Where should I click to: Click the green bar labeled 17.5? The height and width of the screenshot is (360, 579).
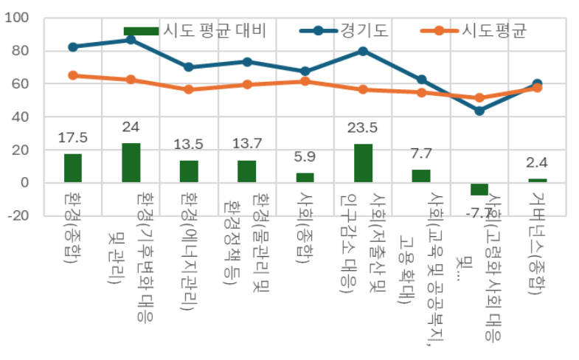click(72, 167)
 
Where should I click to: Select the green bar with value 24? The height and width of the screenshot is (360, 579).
click(131, 162)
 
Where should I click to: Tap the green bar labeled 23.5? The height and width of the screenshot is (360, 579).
click(363, 163)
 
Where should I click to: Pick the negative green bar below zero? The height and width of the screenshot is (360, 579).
click(479, 189)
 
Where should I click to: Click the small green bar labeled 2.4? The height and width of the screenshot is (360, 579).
click(538, 180)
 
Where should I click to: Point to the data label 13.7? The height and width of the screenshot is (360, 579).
click(246, 143)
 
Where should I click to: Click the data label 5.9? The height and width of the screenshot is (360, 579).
click(305, 156)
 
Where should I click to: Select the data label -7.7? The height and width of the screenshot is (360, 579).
click(479, 214)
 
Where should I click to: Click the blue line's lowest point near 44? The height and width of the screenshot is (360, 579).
click(479, 111)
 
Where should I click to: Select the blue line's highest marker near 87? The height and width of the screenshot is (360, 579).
click(131, 39)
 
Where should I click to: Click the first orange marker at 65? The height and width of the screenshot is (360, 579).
click(72, 75)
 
